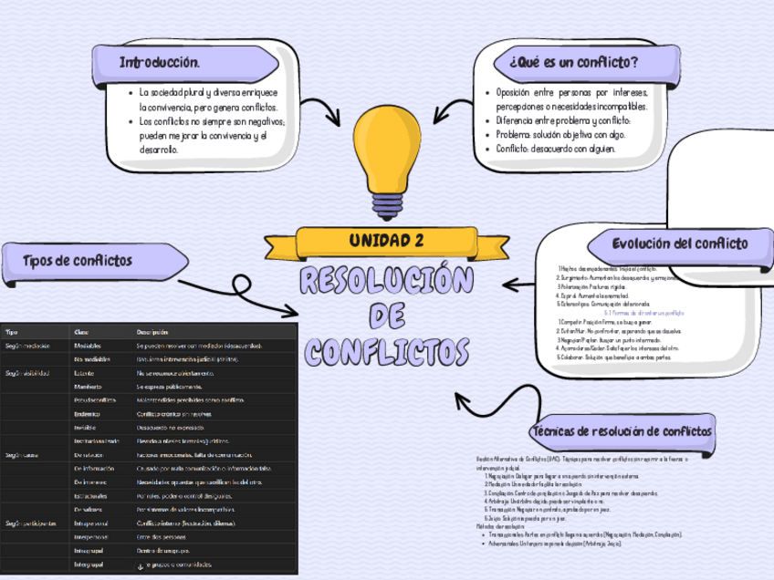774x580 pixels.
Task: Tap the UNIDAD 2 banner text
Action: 386,241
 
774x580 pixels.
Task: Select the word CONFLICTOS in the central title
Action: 386,351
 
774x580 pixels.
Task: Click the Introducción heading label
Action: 160,62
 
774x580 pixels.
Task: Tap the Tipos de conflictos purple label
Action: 78,261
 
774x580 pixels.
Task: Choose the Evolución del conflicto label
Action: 680,243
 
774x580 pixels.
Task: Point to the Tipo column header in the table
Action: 12,332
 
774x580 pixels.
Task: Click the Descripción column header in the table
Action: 152,332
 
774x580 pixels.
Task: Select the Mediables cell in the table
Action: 88,347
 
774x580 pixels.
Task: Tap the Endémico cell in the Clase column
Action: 88,414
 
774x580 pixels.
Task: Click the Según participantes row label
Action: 31,523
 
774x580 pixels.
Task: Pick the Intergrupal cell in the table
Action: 89,565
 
